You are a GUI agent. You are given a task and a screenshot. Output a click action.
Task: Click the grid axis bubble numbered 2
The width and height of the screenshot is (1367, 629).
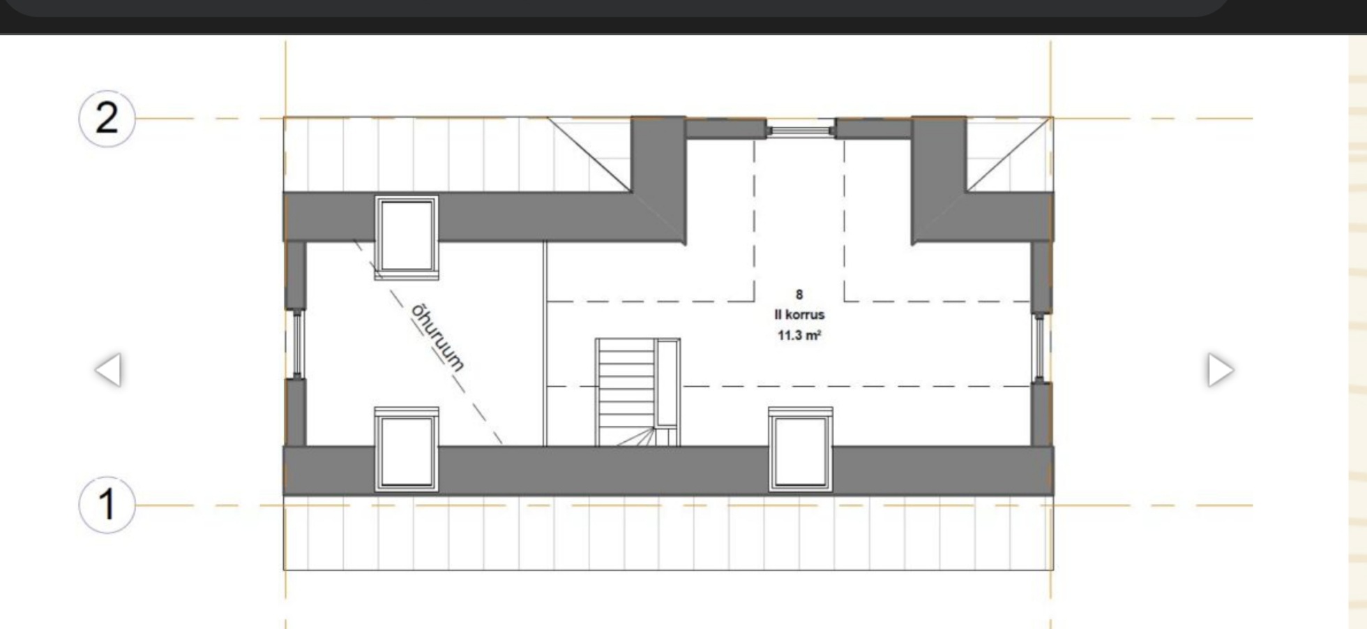coord(106,118)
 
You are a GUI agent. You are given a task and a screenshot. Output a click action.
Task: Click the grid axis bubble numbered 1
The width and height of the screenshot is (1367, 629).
coord(106,505)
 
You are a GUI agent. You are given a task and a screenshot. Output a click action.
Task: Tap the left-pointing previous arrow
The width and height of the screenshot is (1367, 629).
coord(108,369)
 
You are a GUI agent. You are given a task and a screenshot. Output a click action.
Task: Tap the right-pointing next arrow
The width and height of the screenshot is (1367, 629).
coord(1221,369)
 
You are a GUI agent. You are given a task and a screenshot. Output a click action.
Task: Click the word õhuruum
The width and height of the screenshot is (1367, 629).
coord(437,336)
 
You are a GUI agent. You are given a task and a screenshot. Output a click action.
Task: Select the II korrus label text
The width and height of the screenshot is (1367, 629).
coord(799,315)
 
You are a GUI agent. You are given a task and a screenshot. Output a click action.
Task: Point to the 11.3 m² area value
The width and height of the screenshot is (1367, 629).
coord(799,335)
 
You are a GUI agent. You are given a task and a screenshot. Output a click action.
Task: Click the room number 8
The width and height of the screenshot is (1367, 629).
coord(799,295)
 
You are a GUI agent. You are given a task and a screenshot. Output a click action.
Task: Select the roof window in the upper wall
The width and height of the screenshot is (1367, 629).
coord(407,237)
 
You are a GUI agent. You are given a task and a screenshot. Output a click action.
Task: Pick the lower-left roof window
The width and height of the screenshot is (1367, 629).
coord(407,450)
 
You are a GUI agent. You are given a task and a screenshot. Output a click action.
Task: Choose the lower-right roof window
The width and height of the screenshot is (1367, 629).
coord(801,450)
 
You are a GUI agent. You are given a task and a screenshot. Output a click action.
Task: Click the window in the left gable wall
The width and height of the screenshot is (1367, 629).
coord(296,345)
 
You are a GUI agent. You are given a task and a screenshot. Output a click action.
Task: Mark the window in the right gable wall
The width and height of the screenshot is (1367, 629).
coord(1039,347)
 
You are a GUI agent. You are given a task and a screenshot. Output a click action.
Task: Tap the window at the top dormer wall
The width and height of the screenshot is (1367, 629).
coord(801,129)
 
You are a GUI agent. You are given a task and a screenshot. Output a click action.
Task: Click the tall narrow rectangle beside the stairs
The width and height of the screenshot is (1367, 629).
coord(667,383)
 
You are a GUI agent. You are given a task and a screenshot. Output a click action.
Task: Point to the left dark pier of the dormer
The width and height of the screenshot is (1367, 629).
coord(658,180)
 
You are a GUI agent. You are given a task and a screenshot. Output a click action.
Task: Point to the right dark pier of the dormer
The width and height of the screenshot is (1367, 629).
coord(939,180)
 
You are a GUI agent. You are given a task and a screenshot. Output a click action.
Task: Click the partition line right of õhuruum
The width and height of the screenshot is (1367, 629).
coord(545,343)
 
